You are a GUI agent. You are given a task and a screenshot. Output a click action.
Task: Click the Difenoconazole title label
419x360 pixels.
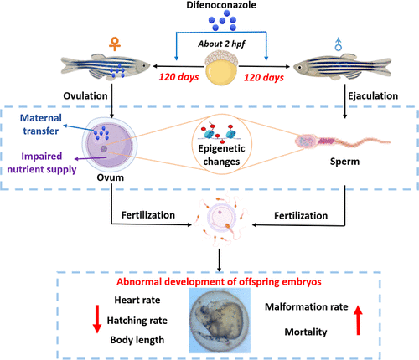[x=221, y=5]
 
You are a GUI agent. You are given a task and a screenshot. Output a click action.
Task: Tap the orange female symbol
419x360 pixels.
[x=115, y=44]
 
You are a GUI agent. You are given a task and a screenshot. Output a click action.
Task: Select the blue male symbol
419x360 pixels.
[x=339, y=44]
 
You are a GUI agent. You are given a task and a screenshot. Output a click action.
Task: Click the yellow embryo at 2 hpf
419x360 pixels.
[x=221, y=68]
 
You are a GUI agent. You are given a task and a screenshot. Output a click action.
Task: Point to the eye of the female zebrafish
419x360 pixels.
[x=143, y=66]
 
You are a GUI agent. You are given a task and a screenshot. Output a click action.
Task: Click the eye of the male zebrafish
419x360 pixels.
[x=300, y=67]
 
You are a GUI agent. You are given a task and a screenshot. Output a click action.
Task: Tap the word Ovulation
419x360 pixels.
[x=85, y=95]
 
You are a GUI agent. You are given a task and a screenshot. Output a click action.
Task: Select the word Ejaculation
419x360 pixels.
[x=373, y=95]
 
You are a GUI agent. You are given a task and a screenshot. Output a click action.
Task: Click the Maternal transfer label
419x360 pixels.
[x=41, y=124]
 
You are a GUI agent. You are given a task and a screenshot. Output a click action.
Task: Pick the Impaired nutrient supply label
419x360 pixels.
[x=42, y=162]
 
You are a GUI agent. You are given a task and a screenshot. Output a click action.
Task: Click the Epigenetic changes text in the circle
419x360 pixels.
[x=221, y=155]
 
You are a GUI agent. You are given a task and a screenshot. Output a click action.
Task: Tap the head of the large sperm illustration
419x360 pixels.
[x=305, y=141]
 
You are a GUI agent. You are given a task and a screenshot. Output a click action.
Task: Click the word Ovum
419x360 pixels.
[x=111, y=177]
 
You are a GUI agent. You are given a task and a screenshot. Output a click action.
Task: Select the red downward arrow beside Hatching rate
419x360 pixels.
[x=97, y=319]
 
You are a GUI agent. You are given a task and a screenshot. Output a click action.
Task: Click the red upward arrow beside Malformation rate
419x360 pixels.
[x=358, y=320]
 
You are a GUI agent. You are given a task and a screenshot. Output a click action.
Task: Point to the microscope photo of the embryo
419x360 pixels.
[x=220, y=321]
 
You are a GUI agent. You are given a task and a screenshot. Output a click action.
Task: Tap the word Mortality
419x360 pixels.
[x=306, y=332]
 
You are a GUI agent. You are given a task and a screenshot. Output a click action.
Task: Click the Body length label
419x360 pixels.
[x=137, y=340]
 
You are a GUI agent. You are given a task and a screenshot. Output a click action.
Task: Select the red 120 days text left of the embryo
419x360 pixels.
[x=178, y=77]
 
